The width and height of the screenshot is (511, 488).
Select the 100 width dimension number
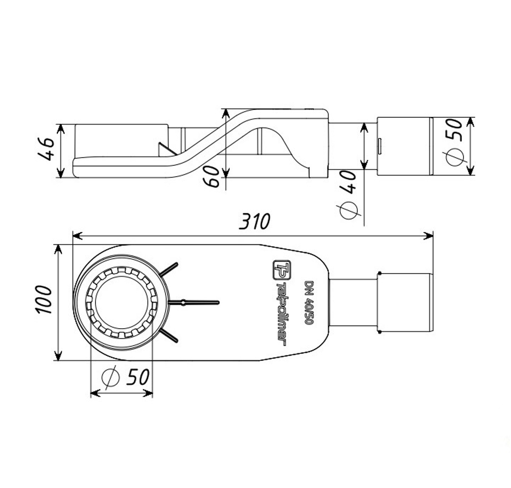coord(44,301)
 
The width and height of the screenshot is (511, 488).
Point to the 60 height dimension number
coord(215,177)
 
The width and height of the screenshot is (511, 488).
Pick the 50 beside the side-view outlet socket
coord(454,130)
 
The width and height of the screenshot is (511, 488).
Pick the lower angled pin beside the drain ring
coord(170,335)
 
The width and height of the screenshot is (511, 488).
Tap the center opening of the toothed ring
coord(122,302)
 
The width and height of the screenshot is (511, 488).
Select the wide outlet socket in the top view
coord(406,303)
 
